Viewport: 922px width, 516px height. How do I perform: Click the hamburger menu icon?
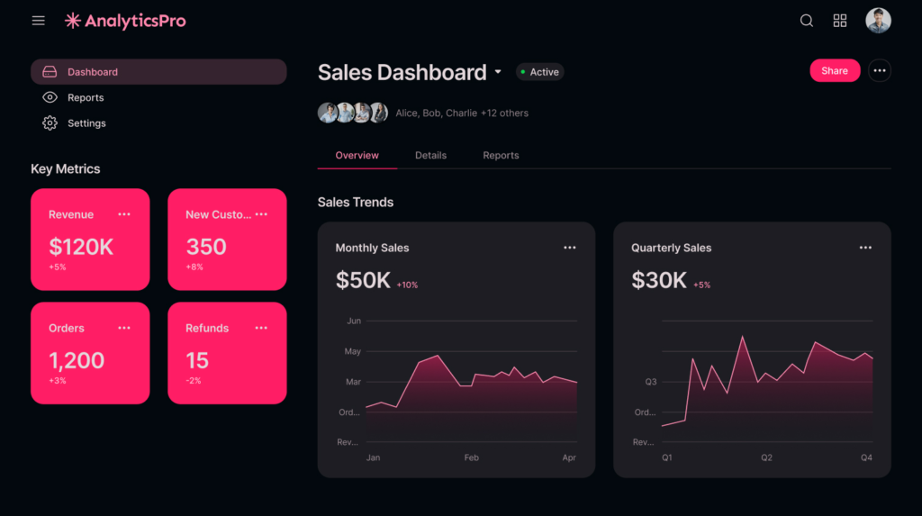(x=38, y=21)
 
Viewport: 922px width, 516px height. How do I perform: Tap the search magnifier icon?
(x=807, y=21)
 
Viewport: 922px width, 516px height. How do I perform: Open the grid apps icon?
(x=840, y=21)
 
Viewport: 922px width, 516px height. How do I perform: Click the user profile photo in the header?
(x=878, y=21)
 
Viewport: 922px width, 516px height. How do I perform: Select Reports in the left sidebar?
(x=86, y=97)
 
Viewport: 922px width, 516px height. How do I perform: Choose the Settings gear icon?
(x=50, y=123)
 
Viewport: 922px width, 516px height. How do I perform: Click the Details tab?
(x=430, y=155)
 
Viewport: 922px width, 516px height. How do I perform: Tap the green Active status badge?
(x=540, y=72)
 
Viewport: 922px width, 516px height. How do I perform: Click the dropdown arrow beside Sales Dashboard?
(x=498, y=72)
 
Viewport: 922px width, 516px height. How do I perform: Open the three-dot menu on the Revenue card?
(x=124, y=214)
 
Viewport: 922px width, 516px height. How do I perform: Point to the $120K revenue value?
(x=81, y=247)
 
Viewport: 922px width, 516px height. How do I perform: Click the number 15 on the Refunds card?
(x=197, y=361)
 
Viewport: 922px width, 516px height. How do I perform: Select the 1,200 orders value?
(x=77, y=361)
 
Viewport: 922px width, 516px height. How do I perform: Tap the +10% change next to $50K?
(x=407, y=285)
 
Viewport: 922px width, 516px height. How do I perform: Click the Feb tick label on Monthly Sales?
(x=471, y=457)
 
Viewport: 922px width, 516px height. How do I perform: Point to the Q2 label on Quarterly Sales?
(x=766, y=457)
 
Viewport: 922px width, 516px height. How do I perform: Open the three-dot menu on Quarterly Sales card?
(x=865, y=248)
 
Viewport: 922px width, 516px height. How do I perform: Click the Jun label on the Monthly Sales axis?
(x=354, y=321)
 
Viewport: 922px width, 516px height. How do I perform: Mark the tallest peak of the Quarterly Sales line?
(x=743, y=337)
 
